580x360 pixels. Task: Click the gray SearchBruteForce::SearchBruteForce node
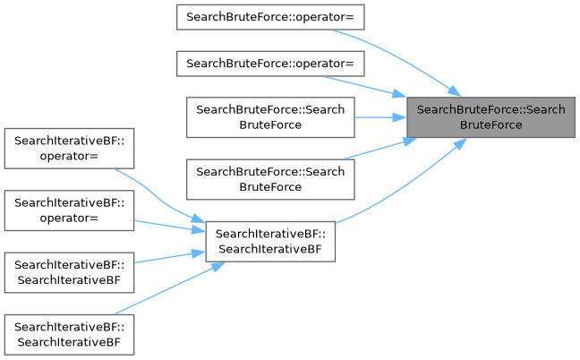coord(490,116)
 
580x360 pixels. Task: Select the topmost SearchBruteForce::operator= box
coord(270,17)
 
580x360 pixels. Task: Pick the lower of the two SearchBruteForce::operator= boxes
coord(270,64)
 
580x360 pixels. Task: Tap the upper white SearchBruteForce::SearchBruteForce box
coord(270,116)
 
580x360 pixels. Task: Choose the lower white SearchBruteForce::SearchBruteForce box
coord(270,178)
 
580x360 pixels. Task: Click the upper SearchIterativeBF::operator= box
coord(70,148)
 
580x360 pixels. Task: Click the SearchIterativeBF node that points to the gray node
coord(270,241)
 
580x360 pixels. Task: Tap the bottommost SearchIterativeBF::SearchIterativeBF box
coord(70,334)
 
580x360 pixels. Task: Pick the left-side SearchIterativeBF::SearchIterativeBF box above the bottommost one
coord(70,272)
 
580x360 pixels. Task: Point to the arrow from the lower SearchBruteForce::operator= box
coord(367,85)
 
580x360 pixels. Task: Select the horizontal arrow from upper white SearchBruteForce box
coord(380,116)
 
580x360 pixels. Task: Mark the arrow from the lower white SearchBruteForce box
coord(376,150)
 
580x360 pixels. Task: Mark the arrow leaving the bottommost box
coord(161,288)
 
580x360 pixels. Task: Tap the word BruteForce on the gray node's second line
coord(490,124)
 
